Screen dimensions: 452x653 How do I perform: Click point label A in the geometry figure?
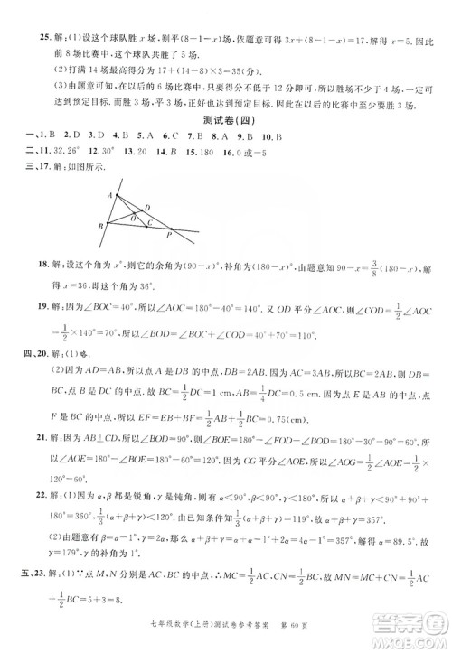point(108,194)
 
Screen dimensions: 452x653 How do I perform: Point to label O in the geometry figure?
point(132,218)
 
